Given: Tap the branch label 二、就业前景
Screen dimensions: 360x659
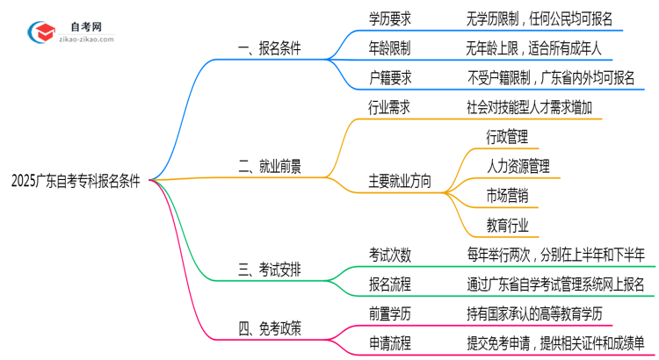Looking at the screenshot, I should pyautogui.click(x=271, y=166).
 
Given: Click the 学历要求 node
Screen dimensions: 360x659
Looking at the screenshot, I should pyautogui.click(x=389, y=18).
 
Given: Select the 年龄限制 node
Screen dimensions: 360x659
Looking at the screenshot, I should pyautogui.click(x=389, y=48).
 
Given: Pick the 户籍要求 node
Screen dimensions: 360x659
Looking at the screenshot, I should pyautogui.click(x=389, y=77).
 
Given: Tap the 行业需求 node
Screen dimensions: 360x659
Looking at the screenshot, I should pyautogui.click(x=389, y=107).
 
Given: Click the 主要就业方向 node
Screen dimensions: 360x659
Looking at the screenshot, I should pyautogui.click(x=401, y=181).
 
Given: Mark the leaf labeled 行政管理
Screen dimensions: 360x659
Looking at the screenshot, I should pyautogui.click(x=506, y=137).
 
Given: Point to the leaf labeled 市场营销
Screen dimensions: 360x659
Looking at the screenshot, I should pyautogui.click(x=506, y=195).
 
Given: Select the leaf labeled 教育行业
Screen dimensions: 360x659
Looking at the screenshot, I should pyautogui.click(x=506, y=225).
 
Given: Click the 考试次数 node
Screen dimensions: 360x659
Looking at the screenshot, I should pyautogui.click(x=389, y=254).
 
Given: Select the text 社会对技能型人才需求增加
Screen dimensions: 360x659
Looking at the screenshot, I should pyautogui.click(x=535, y=107).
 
